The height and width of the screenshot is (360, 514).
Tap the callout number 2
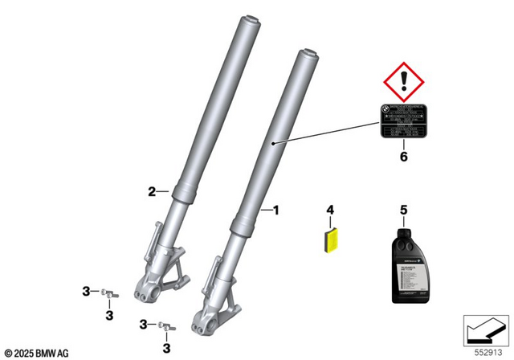click(x=150, y=191)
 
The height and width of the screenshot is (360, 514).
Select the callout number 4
click(x=328, y=210)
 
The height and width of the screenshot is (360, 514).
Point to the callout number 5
click(x=403, y=210)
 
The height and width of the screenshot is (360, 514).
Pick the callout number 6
click(x=404, y=157)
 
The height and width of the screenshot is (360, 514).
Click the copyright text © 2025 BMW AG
click(x=37, y=353)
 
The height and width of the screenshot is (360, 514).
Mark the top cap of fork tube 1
click(x=309, y=55)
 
